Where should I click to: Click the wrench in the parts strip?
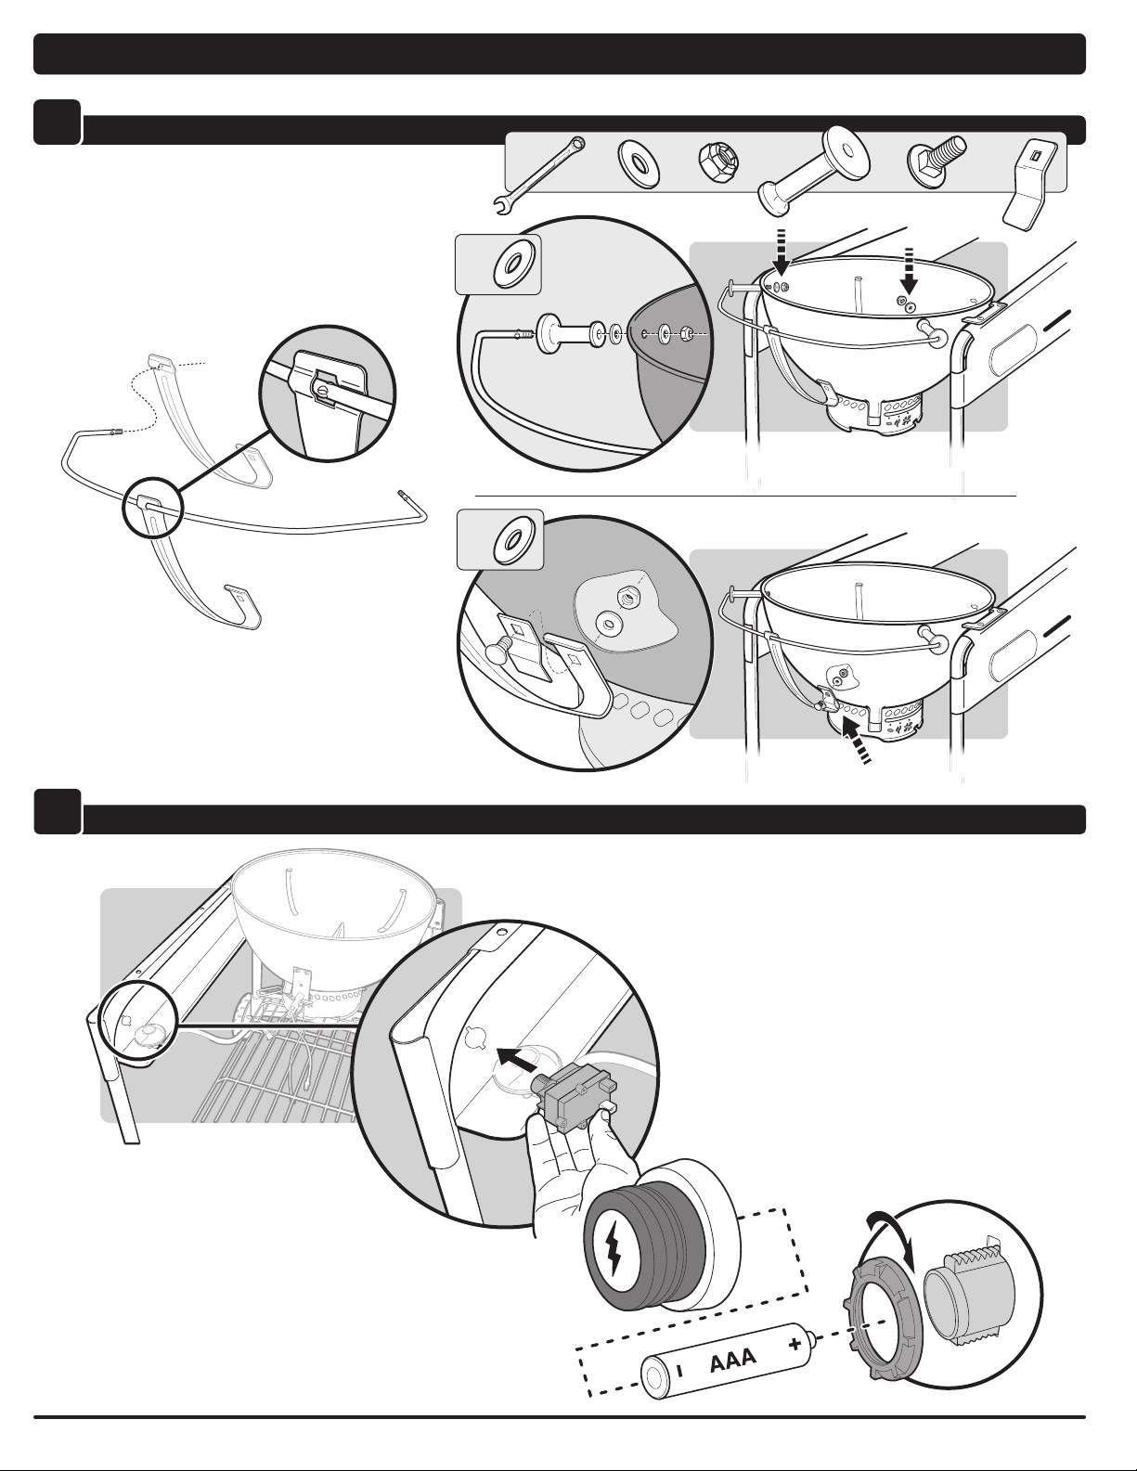(x=539, y=177)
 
